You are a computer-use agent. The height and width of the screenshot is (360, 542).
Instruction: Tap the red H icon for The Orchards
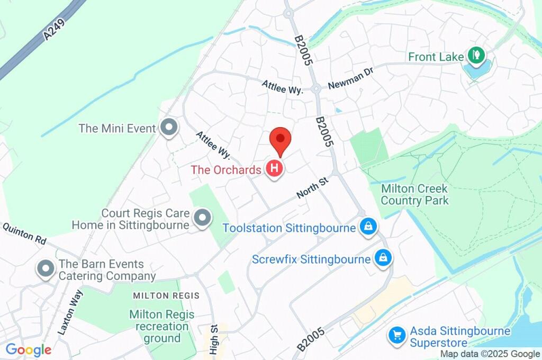[x=274, y=169]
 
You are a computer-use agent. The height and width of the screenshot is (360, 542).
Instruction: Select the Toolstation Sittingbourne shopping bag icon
[x=367, y=228]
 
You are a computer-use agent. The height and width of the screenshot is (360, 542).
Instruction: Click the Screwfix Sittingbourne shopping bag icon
[x=382, y=258]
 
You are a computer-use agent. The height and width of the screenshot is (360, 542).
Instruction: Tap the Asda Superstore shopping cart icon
[x=396, y=335]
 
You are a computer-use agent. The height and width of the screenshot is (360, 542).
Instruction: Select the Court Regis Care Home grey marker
[x=202, y=218]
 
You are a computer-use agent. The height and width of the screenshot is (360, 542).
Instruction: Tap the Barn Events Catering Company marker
[x=46, y=269]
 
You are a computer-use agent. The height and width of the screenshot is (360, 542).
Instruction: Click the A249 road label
[x=55, y=27]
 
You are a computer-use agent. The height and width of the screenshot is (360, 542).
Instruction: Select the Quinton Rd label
[x=25, y=233]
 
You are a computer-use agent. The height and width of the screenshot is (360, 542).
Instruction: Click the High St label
[x=214, y=339]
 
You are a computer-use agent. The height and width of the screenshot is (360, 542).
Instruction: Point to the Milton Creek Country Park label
[x=414, y=194]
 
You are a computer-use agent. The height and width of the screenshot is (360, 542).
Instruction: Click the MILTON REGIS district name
[x=166, y=295]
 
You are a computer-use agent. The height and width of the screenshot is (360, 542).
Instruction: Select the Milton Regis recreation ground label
[x=162, y=326]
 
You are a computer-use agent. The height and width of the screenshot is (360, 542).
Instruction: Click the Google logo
[x=29, y=350]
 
